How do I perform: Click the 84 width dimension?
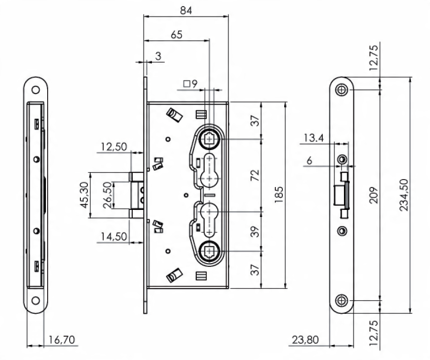[x=186, y=10]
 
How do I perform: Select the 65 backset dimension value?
[x=176, y=35]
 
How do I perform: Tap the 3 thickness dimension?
[x=158, y=56]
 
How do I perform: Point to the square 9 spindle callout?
[x=190, y=83]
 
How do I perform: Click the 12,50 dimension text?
[x=114, y=147]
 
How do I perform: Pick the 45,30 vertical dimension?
[x=85, y=195]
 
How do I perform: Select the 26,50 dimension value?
[x=108, y=195]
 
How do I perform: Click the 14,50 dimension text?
[x=114, y=236]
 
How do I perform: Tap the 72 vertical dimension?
[x=255, y=175]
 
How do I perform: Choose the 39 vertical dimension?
[x=255, y=231]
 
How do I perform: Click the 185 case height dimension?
[x=279, y=195]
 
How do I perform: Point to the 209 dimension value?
[x=373, y=195]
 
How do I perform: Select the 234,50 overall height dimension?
[x=404, y=195]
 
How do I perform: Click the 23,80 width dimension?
[x=305, y=340]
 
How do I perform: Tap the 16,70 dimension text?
[x=61, y=340]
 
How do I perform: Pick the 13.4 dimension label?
[x=314, y=137]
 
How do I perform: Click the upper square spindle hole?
[x=210, y=139]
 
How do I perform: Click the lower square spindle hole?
[x=210, y=251]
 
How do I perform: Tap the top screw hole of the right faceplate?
[x=342, y=90]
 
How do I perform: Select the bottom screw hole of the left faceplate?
[x=36, y=301]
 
